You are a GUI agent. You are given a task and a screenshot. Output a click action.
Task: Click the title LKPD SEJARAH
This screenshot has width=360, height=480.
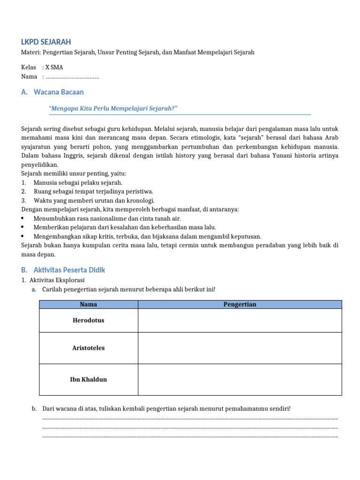coord(46,42)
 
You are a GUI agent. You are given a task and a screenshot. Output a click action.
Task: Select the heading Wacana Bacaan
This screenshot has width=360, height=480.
coord(59,92)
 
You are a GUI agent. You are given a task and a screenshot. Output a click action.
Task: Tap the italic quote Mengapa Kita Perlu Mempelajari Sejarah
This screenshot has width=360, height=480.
coord(113,109)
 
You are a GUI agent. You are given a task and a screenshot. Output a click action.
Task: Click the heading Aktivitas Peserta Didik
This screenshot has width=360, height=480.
coord(69,270)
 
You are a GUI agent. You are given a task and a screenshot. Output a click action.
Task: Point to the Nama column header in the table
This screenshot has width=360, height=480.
coord(89,304)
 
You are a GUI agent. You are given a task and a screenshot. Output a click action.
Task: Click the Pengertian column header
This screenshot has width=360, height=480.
coord(240,304)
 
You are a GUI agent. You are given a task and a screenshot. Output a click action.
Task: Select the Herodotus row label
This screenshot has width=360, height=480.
coord(89,321)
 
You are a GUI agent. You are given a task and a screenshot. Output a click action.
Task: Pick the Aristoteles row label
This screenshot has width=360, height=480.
coord(89,348)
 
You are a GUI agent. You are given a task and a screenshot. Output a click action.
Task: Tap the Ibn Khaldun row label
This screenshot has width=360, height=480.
coord(89,379)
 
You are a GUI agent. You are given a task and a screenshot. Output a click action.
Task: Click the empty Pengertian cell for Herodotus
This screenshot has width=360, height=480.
coord(240,321)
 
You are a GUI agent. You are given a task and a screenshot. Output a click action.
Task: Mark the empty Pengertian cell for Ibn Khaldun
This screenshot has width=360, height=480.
coord(240,379)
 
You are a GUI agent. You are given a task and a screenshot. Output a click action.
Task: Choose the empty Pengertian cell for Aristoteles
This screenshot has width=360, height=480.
coord(240,348)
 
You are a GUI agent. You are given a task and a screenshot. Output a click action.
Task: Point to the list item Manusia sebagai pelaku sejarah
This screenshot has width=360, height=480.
coord(78,182)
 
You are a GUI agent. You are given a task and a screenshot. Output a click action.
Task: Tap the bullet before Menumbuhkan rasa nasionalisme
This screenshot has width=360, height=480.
coord(23,218)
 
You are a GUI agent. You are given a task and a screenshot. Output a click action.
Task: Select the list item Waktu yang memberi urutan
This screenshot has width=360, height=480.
coord(94,201)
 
